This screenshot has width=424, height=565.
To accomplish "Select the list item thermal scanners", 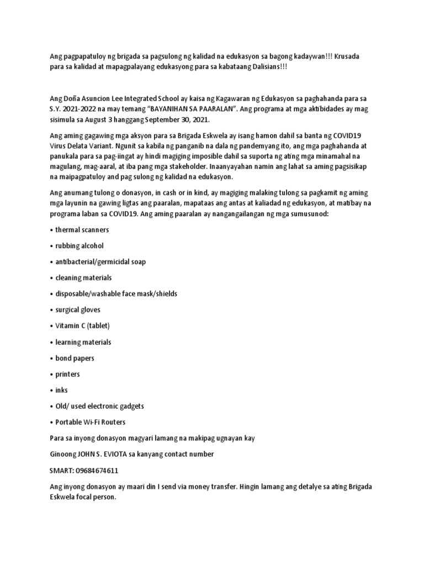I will [82, 229].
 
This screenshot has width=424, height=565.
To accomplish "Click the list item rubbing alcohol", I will [79, 245].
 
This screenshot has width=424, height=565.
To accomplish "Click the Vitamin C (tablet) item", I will [83, 326].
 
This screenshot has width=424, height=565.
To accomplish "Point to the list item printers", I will [68, 374].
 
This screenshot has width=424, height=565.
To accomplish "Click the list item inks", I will [61, 390].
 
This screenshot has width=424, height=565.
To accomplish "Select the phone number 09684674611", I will [97, 471].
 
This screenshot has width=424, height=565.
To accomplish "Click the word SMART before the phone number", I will [61, 471].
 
